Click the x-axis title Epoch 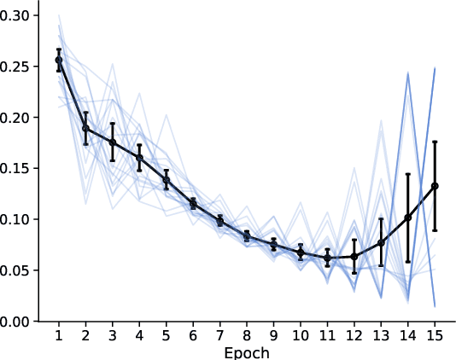247,351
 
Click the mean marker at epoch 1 59,60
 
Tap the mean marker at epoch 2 85,128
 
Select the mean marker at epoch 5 167,180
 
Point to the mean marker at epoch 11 327,258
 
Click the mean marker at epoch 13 381,243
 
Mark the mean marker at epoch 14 408,218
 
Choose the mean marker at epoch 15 435,185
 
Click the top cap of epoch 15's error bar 435,142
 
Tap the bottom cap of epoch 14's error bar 408,262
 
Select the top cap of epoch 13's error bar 381,219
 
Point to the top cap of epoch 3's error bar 113,124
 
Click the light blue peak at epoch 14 408,74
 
